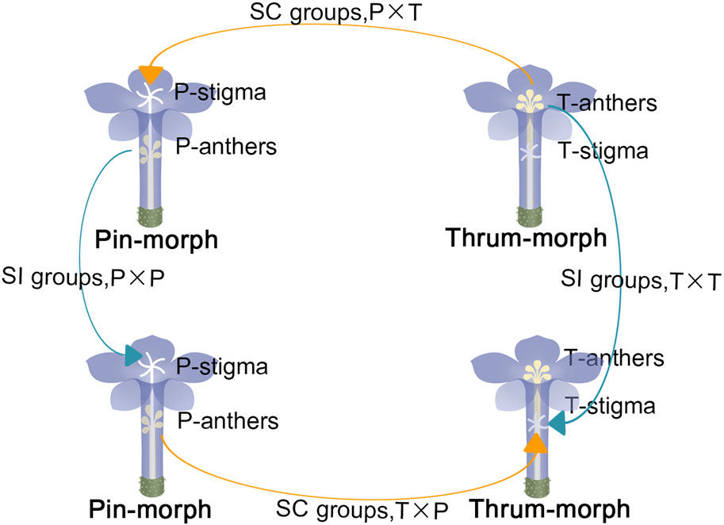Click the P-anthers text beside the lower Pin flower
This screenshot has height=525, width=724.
tap(228, 420)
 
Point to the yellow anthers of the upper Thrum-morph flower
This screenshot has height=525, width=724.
tap(530, 101)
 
